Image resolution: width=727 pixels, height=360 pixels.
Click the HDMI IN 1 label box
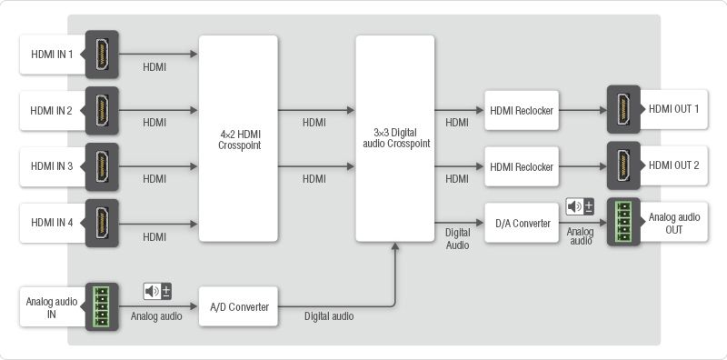(52, 55)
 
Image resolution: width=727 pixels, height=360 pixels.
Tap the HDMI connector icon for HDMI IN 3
(102, 166)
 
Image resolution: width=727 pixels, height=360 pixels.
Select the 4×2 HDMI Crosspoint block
(238, 138)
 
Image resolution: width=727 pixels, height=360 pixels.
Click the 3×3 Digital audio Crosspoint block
(395, 138)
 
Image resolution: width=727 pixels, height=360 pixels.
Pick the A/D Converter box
(238, 306)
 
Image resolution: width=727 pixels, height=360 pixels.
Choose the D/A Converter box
(522, 223)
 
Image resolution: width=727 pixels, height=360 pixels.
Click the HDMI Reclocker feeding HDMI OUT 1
(522, 110)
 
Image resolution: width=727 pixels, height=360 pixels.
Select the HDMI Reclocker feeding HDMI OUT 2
(522, 166)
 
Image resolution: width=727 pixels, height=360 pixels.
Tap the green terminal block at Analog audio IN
(102, 306)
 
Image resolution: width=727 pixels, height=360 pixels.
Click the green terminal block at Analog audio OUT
(623, 222)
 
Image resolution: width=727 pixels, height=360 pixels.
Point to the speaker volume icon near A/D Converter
(157, 291)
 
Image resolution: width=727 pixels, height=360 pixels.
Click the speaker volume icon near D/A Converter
(580, 206)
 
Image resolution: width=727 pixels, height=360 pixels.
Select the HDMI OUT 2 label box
(673, 165)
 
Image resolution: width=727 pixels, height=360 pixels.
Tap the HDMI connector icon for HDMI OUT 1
(623, 110)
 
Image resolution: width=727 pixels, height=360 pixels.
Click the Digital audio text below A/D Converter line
(329, 316)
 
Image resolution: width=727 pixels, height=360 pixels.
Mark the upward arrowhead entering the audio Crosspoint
(395, 246)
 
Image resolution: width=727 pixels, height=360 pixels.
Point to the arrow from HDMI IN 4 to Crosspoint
(158, 224)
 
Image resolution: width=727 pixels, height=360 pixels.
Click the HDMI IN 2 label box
(52, 111)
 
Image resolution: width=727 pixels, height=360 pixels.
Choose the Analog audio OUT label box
(673, 223)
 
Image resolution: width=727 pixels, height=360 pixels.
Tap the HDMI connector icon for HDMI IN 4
(102, 223)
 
